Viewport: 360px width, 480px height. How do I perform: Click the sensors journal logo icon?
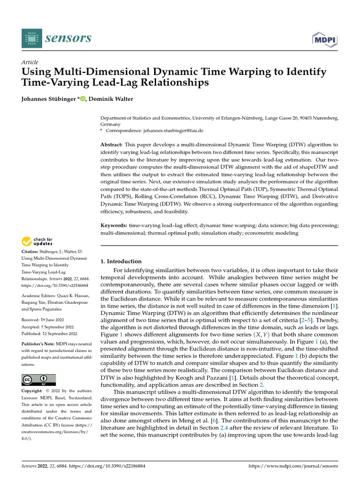click(31, 38)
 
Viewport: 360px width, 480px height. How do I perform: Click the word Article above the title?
click(30, 62)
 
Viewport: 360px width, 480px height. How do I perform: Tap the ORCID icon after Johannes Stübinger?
click(83, 98)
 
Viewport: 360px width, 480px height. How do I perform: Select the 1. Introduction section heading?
click(121, 261)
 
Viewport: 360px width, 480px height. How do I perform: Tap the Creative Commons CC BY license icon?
click(38, 380)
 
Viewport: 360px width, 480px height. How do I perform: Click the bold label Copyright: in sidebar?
click(35, 391)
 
